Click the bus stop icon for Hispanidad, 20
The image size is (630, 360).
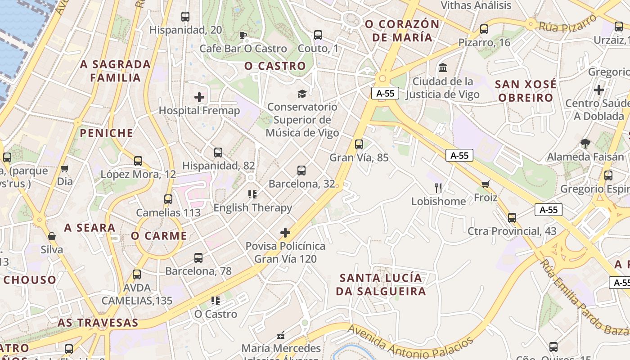(x=185, y=17)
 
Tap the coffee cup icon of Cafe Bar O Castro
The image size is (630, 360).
(x=243, y=35)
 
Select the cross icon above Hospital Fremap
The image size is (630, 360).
(x=199, y=97)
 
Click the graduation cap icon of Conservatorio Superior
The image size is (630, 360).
(x=301, y=94)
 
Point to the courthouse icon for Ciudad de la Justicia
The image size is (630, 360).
(x=442, y=68)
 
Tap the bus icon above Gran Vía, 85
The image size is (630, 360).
(x=359, y=144)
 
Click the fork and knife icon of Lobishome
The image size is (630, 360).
(x=438, y=188)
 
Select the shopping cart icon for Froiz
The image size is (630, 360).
(x=485, y=184)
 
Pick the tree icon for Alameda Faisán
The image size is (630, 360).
(x=585, y=144)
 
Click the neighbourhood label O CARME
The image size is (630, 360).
(x=159, y=236)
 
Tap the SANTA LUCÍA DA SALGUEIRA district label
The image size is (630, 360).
(x=381, y=284)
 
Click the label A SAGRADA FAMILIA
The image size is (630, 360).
(x=115, y=71)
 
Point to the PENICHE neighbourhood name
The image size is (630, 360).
(x=107, y=133)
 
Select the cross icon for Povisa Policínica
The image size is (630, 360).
(x=285, y=233)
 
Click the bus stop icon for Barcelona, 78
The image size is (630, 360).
(x=198, y=258)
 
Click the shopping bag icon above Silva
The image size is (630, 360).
(x=52, y=236)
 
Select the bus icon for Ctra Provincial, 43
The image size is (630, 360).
(x=512, y=218)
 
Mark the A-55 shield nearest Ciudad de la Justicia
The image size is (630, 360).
(x=385, y=93)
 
